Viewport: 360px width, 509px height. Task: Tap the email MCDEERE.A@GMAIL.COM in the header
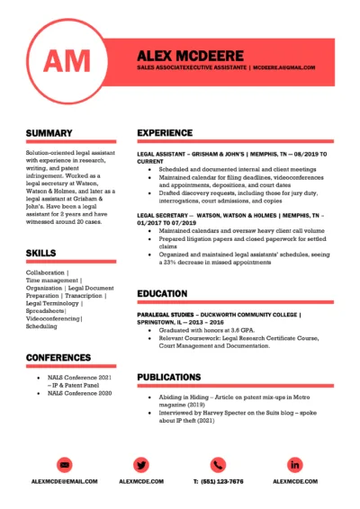[283, 67]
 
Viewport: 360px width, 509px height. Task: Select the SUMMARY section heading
[49, 133]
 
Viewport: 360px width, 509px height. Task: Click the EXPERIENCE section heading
[165, 133]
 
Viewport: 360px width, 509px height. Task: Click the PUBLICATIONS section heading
[168, 377]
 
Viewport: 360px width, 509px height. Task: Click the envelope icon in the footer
[64, 465]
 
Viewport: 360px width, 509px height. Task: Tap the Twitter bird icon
[141, 465]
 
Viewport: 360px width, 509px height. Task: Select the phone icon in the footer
[218, 465]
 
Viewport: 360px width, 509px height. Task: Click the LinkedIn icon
[296, 465]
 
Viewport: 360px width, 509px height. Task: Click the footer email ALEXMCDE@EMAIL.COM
[64, 482]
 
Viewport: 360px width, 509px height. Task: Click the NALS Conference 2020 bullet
[80, 393]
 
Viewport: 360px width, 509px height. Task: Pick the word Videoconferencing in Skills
[53, 318]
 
